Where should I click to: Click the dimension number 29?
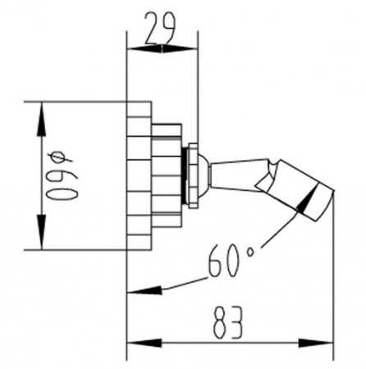tap(159, 29)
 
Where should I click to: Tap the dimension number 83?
tap(228, 322)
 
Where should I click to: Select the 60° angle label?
tap(231, 260)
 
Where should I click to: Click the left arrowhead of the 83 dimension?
tap(144, 344)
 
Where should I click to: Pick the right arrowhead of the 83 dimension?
tap(316, 344)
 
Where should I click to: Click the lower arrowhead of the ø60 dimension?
tap(42, 232)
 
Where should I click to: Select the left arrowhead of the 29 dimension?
tap(144, 49)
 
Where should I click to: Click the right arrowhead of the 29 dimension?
tap(180, 49)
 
